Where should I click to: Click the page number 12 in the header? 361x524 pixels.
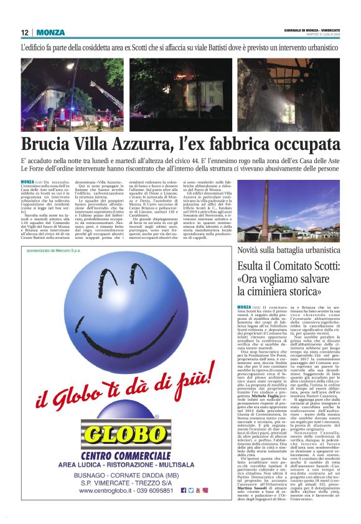25,32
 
